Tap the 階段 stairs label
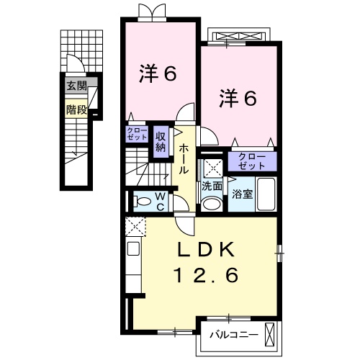tap(76, 109)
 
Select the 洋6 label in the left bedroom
tap(158, 73)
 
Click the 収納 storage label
tap(161, 140)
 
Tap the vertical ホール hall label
tap(184, 159)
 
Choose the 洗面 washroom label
tap(212, 186)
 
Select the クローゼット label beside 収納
tap(138, 134)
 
